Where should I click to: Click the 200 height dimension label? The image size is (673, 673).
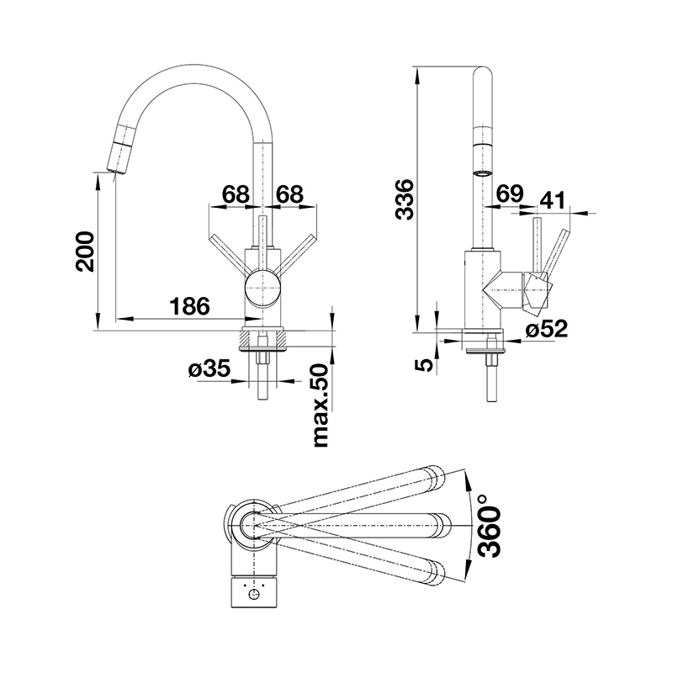[x=85, y=251]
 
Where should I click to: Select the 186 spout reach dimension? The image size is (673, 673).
[x=190, y=306]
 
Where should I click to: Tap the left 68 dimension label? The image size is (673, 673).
[x=236, y=194]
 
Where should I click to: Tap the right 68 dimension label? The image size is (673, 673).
[x=289, y=194]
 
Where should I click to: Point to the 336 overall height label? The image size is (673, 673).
[x=405, y=199]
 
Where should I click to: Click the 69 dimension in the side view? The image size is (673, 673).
[x=510, y=193]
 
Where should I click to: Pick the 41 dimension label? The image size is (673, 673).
[x=553, y=200]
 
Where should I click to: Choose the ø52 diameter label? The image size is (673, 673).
[x=547, y=330]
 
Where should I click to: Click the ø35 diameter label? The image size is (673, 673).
[x=209, y=368]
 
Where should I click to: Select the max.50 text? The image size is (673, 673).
[x=321, y=406]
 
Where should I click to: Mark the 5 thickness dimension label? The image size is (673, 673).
[x=423, y=365]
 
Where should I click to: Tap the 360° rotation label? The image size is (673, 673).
[x=490, y=527]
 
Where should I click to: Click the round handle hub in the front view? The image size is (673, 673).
[x=262, y=289]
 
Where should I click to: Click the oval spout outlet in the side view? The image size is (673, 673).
[x=483, y=173]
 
